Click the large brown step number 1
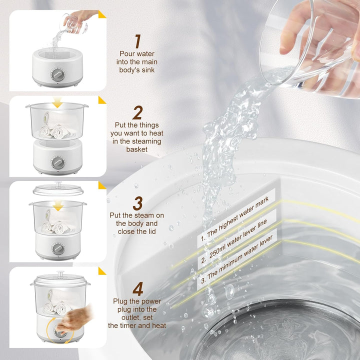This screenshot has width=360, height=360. pos(138,41)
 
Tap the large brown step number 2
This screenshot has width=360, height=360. pos(137,112)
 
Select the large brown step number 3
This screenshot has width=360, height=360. pos(138,203)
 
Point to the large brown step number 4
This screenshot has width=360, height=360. pos(138,289)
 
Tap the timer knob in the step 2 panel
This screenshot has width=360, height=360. pos(57,162)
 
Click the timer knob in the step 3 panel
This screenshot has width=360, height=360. pos(58,249)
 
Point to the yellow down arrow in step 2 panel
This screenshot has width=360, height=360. pos(57,102)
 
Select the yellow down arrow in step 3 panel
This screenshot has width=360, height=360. pos(58,205)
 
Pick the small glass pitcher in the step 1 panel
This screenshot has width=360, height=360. pos(74,23)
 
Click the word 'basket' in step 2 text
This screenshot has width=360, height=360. pos(137,149)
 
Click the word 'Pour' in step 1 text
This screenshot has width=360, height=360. pos(127,53)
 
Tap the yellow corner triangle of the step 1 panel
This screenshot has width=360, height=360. pos(101,14)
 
